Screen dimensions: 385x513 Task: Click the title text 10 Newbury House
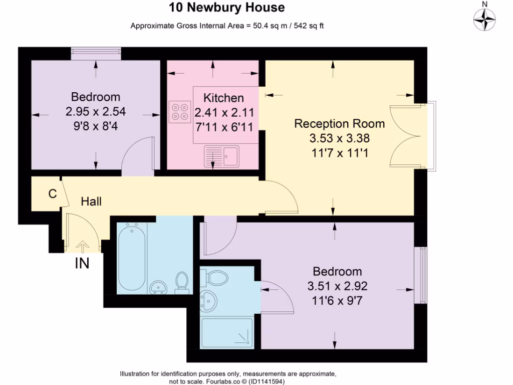point(227,8)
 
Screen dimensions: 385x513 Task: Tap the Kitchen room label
point(223,98)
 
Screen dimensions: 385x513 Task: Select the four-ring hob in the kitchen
point(180,111)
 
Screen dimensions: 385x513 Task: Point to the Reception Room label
point(339,124)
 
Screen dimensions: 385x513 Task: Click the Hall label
point(92,202)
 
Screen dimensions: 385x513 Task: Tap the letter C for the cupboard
point(52,194)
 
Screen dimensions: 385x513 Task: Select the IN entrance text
point(82,263)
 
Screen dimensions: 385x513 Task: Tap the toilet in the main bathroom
point(182,282)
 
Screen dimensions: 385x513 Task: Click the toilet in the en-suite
point(216,276)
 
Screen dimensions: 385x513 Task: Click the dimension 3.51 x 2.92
point(337,287)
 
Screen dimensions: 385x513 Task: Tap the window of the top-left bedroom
point(96,51)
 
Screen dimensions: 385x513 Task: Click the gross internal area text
point(227,26)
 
